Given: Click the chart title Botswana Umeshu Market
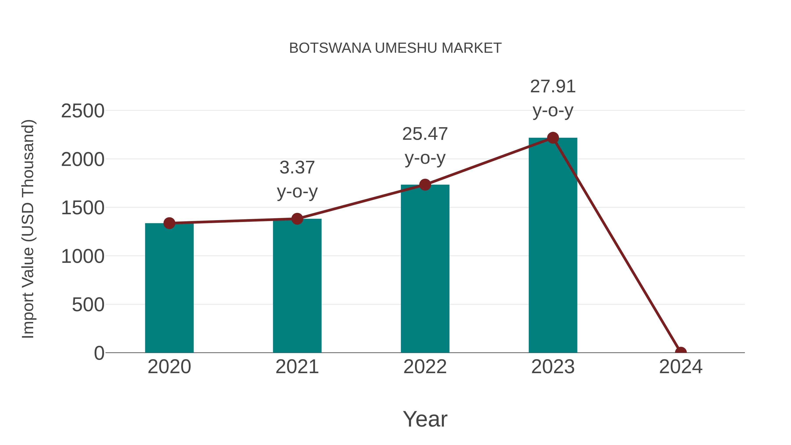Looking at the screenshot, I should pyautogui.click(x=395, y=48).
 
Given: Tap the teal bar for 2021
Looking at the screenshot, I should pyautogui.click(x=297, y=286).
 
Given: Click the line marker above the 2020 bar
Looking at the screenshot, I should pyautogui.click(x=169, y=223).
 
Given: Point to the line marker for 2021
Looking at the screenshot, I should pyautogui.click(x=297, y=219).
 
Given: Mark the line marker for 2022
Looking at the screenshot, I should pyautogui.click(x=425, y=185).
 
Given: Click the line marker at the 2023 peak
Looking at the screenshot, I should pyautogui.click(x=553, y=138).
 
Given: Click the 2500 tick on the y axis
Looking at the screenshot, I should pyautogui.click(x=83, y=111).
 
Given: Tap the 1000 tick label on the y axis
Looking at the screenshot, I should pyautogui.click(x=83, y=256).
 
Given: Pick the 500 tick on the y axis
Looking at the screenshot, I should pyautogui.click(x=88, y=305).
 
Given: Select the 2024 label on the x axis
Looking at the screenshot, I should pyautogui.click(x=680, y=367).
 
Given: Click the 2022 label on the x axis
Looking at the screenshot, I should pyautogui.click(x=425, y=367).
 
